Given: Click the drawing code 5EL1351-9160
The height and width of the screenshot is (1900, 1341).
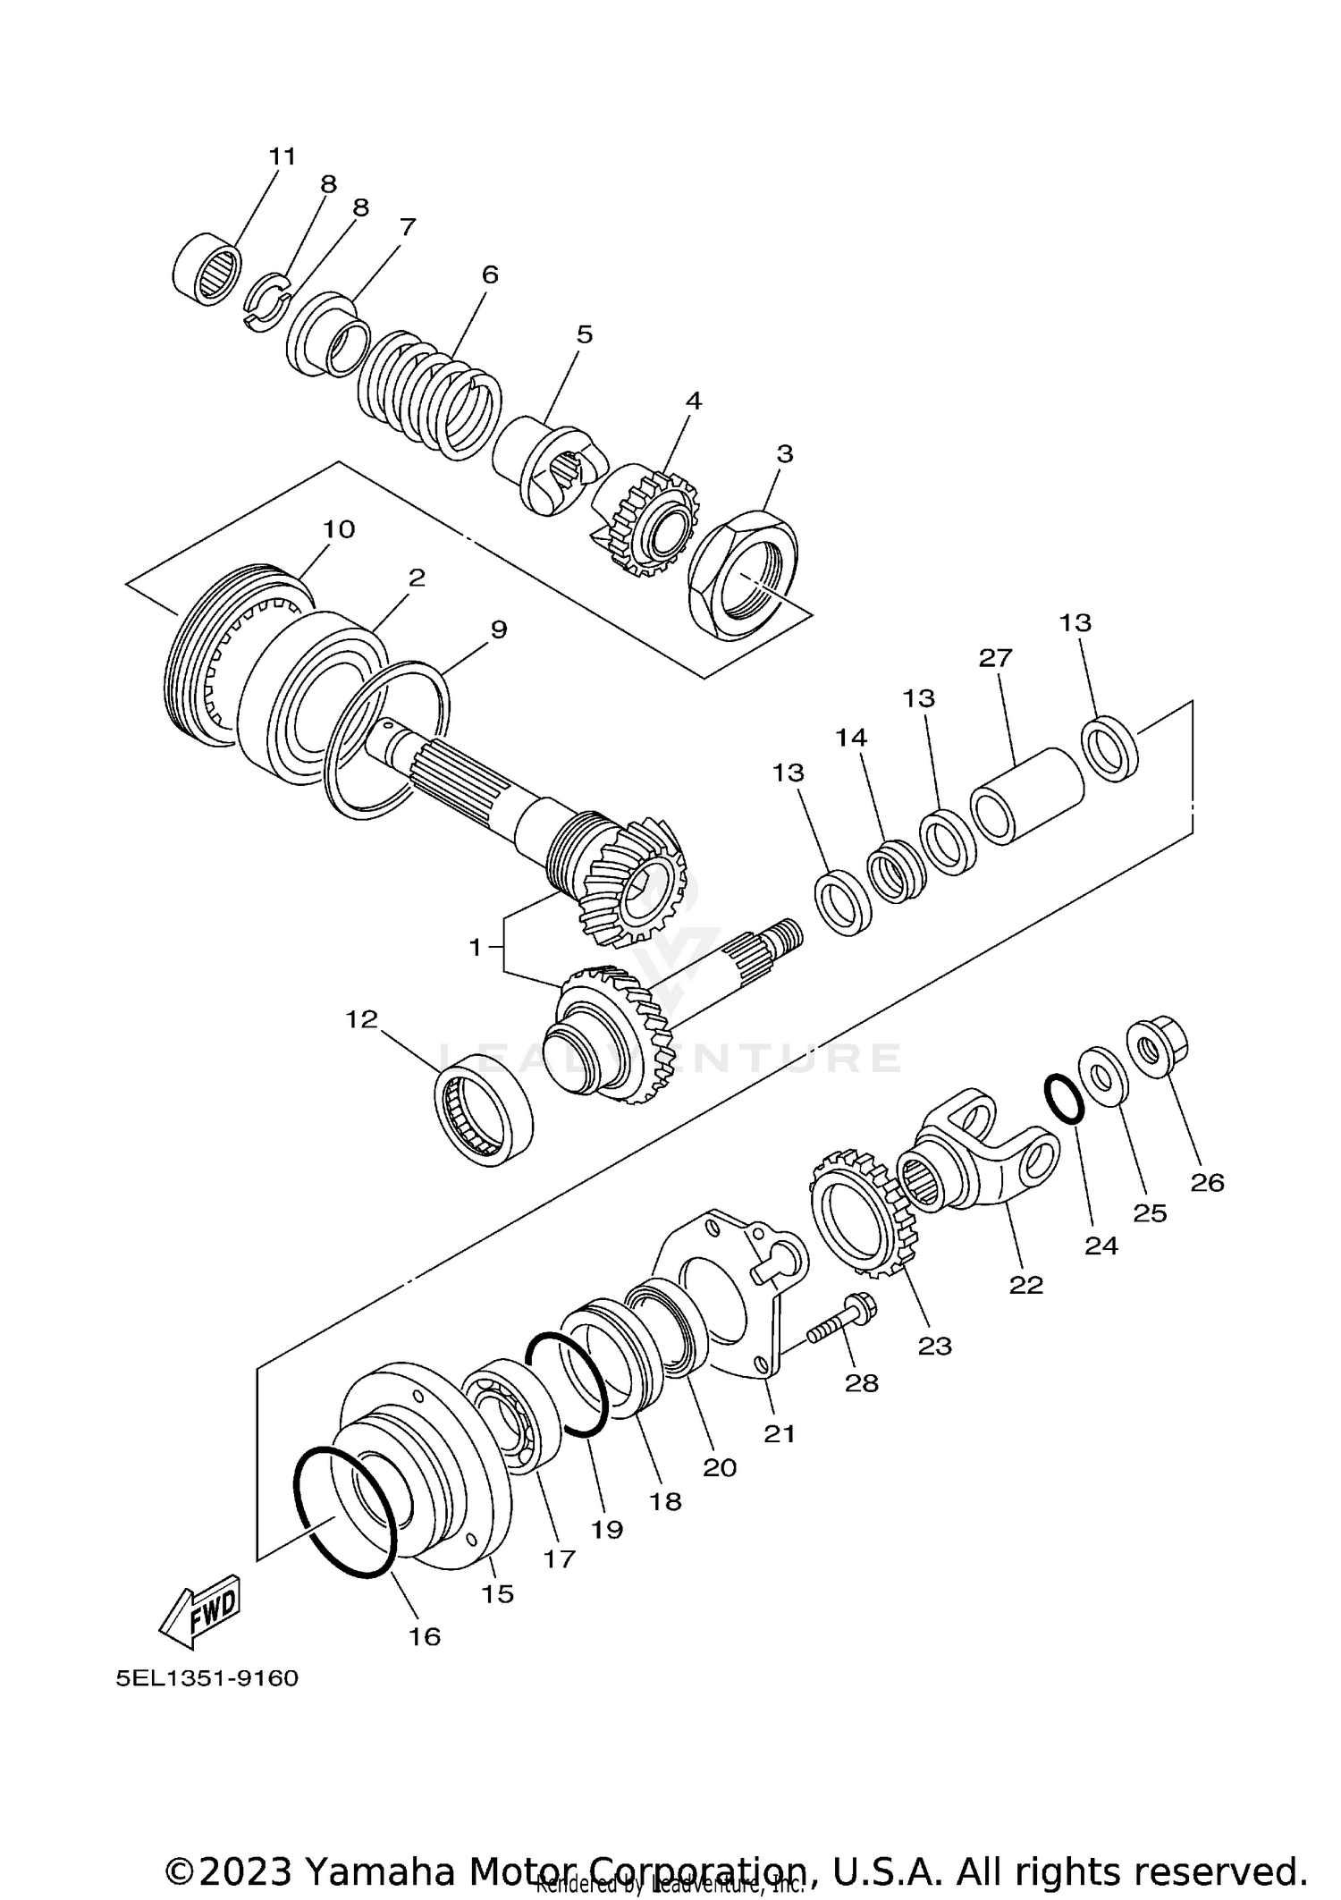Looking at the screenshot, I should pos(207,1678).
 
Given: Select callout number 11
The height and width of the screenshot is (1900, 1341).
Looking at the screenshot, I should pos(282,156).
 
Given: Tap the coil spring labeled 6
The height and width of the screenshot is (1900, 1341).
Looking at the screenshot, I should pos(429,393).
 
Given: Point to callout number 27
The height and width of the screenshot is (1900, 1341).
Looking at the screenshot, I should pos(994,658).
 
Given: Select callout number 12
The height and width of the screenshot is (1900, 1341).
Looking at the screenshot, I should pos(362,1018).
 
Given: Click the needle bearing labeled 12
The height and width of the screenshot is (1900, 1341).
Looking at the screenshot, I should pos(484,1109).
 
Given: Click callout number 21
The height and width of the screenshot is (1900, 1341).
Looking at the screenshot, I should pos(779,1433).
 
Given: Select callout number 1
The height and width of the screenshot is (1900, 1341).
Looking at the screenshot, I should pos(475,947).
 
